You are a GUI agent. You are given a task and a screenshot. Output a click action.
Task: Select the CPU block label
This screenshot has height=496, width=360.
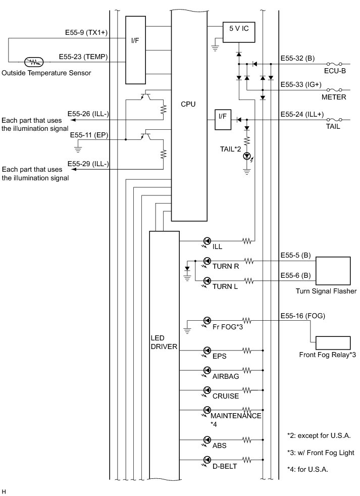point(188,104)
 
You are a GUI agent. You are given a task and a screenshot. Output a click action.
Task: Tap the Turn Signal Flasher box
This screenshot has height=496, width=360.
point(333,271)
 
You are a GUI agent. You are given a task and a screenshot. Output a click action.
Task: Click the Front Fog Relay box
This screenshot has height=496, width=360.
point(333,343)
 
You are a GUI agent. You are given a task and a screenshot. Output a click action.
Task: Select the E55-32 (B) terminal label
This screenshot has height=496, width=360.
point(297,59)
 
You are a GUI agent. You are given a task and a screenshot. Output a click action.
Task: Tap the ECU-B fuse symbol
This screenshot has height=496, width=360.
point(334,64)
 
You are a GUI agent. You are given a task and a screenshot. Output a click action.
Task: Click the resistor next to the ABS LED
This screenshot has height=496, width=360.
point(247,439)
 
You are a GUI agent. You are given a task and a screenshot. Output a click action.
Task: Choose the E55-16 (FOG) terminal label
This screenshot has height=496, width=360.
point(302,316)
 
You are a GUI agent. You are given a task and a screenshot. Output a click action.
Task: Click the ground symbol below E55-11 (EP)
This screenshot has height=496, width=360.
point(78,148)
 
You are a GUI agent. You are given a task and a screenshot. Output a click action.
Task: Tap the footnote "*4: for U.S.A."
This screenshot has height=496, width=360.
point(307,469)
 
